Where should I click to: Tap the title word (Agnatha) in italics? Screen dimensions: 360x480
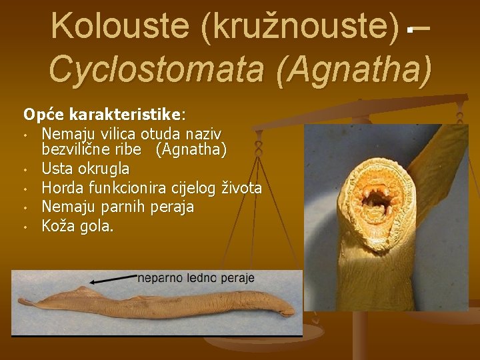coord(357,69)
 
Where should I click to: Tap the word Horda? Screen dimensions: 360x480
coord(61,188)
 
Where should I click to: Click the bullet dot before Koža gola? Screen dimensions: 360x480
coord(25,228)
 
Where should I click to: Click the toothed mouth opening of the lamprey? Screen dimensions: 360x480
coord(379,199)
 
